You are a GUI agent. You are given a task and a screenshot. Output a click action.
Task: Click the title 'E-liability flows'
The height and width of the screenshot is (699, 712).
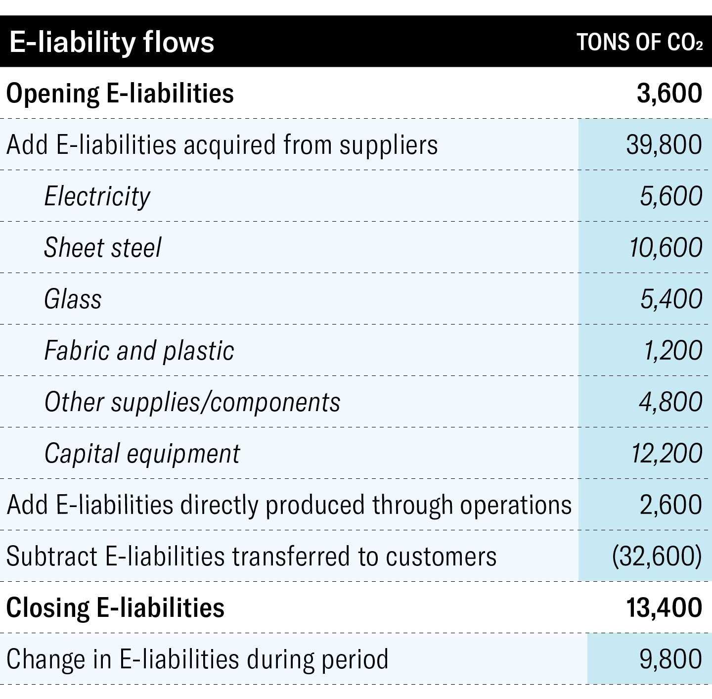point(112,42)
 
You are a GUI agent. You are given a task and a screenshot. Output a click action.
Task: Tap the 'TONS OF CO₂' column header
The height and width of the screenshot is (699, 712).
point(639,43)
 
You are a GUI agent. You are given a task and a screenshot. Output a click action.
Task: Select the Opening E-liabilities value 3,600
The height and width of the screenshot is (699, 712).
point(669,93)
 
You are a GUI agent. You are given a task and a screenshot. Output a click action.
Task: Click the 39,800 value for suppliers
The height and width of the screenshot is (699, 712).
point(664,145)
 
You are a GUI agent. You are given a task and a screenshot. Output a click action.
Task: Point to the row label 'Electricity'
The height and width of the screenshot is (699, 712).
point(97,196)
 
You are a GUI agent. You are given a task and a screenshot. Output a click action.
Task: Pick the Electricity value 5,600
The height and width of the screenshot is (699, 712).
point(671,196)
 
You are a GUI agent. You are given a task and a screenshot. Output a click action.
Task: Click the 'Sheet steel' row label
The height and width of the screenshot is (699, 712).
point(103,248)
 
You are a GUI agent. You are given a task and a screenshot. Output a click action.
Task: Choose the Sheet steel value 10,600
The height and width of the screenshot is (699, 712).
point(666,248)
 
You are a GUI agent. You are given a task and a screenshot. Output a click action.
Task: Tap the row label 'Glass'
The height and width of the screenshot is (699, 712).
point(73,299)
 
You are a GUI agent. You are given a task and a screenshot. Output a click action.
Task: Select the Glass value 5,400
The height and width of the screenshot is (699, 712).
point(671,299)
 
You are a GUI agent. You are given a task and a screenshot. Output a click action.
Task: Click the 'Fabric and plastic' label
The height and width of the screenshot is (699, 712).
point(139,351)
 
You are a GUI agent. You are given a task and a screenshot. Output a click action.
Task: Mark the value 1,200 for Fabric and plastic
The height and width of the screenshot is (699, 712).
point(672,351)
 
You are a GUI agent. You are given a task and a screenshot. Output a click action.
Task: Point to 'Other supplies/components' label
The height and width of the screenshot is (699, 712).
point(192,402)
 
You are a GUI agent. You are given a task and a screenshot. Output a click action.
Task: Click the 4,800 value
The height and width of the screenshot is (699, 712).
point(670,402)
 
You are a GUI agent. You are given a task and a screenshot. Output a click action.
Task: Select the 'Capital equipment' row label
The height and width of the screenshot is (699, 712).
point(142,454)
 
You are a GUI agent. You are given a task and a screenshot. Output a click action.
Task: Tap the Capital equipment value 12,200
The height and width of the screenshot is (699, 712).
point(667,454)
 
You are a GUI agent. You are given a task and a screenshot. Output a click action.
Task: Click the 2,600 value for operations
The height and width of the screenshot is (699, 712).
point(670,505)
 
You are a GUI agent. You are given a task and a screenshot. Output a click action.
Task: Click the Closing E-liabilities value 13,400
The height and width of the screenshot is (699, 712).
point(664,608)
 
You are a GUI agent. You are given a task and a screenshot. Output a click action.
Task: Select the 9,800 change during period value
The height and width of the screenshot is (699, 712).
point(670,659)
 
